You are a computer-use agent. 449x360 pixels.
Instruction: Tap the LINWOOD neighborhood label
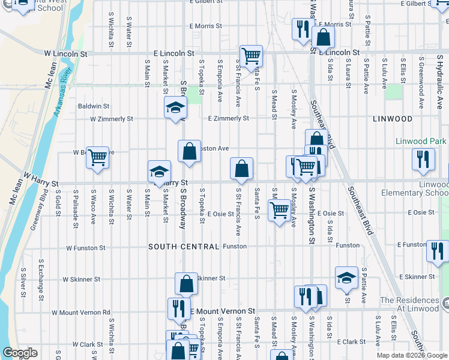393,119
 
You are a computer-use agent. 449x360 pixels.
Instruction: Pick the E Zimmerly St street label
228,119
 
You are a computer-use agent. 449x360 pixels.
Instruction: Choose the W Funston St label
86,247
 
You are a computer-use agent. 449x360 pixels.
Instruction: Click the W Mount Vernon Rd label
81,312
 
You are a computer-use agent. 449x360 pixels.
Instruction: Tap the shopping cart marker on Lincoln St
252,56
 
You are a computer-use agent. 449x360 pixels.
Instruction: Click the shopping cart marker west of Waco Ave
97,158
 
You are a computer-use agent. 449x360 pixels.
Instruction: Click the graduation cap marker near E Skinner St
346,277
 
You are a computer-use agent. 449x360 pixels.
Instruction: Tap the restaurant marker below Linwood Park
424,158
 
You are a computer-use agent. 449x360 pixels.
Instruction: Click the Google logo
20,353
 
